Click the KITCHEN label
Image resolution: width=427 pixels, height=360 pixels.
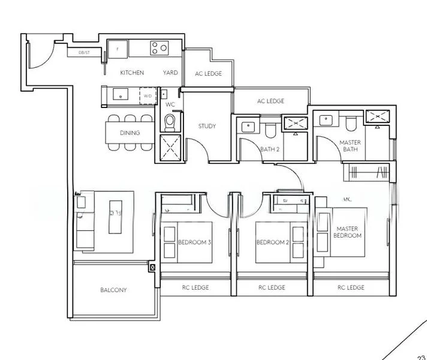coord(132,73)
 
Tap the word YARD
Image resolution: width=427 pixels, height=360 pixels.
coord(170,73)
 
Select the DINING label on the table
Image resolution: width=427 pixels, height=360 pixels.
coord(130,133)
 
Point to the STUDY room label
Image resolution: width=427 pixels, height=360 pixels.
coord(207,126)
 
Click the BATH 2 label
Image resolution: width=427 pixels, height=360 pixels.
coord(270,149)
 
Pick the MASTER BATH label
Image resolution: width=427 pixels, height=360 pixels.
coord(350,146)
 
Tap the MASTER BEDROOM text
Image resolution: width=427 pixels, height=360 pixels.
coord(348,232)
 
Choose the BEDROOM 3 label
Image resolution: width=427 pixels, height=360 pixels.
coord(194,242)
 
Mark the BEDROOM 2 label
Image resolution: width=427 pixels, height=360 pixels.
coord(273,242)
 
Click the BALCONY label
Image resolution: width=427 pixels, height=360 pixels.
coord(113,290)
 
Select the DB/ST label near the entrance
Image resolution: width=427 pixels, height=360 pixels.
coord(84,53)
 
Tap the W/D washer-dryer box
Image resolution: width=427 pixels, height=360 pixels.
coord(148,95)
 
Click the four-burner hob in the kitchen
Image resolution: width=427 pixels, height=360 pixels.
coord(159,48)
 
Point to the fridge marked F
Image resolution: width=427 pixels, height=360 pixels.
coord(118,48)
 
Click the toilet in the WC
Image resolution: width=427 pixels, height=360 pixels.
coord(170,122)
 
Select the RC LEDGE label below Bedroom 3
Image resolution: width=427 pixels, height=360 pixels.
coord(196,287)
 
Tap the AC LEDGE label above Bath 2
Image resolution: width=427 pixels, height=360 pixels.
coord(270,101)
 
